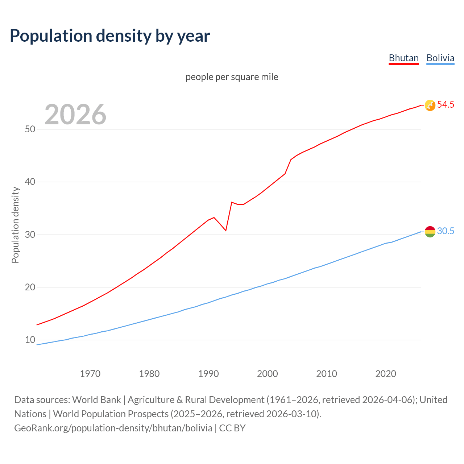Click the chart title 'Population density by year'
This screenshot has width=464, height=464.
[x=110, y=36]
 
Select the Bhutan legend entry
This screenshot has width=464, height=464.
[x=403, y=58]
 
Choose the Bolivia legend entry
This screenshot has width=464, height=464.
[x=440, y=58]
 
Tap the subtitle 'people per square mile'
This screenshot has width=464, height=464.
[x=232, y=77]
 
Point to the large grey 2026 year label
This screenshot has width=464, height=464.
[x=75, y=115]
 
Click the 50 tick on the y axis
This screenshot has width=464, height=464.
[x=30, y=129]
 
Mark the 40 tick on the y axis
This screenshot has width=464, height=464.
[x=30, y=182]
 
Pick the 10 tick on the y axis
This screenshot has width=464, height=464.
[x=30, y=340]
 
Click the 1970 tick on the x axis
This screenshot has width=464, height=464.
[x=90, y=374]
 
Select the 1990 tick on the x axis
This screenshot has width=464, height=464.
[x=208, y=374]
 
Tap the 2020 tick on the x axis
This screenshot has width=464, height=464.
[x=386, y=374]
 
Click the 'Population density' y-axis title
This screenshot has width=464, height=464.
[x=15, y=225]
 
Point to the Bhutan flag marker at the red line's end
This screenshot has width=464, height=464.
[x=430, y=105]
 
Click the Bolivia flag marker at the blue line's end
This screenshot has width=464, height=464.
[x=430, y=231]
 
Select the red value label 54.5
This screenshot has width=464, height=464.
[x=446, y=105]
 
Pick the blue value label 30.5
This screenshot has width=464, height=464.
[x=446, y=231]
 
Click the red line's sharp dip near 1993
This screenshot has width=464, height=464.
[x=226, y=230]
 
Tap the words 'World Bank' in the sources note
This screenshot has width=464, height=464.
[x=96, y=400]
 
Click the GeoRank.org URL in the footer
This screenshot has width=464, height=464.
[x=113, y=428]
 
